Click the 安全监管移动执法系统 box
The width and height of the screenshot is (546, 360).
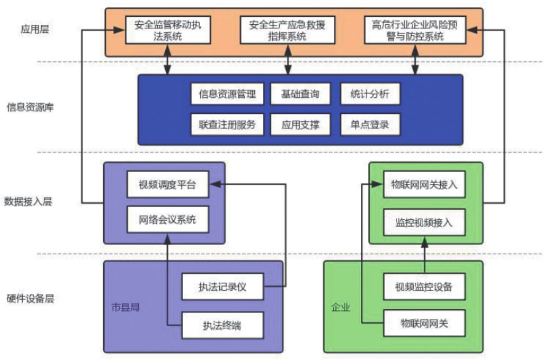pos(167,30)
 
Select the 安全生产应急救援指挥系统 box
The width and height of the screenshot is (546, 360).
pos(287,30)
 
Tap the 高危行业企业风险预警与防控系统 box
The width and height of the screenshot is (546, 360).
pos(415,30)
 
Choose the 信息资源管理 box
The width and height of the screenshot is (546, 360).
pos(223,94)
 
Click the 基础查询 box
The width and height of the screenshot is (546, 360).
pos(300,94)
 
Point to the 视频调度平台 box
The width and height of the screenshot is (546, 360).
pos(167,185)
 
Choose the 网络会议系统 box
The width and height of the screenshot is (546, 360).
pos(167,220)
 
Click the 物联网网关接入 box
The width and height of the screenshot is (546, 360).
pos(424,185)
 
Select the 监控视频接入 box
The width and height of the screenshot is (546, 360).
pos(424,222)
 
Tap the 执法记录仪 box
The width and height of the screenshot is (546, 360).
pos(222,287)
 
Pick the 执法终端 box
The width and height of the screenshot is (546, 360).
pos(222,325)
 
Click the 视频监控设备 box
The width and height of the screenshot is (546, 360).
pos(424,287)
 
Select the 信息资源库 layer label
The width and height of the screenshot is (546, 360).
pos(30,107)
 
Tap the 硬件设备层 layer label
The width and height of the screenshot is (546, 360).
pos(30,298)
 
